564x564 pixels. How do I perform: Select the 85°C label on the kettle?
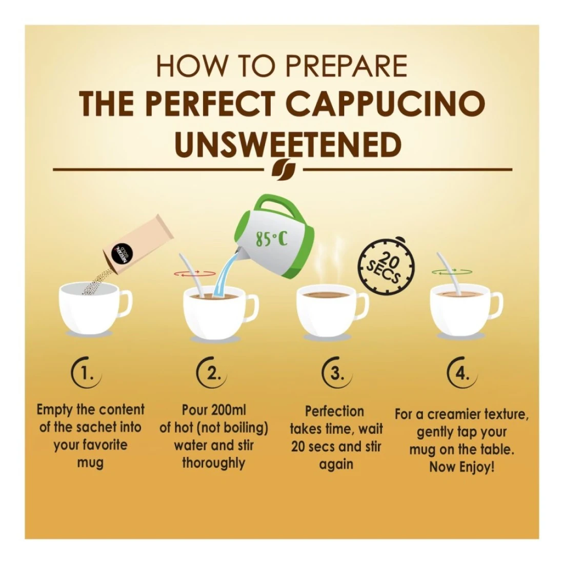[x=272, y=239]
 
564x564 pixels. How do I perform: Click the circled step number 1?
[x=86, y=374]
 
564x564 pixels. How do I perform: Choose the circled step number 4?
[x=462, y=374]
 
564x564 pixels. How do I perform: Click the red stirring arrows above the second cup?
[x=195, y=274]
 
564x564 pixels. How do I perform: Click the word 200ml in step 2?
[x=229, y=410]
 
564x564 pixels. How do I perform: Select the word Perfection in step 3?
[x=334, y=411]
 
